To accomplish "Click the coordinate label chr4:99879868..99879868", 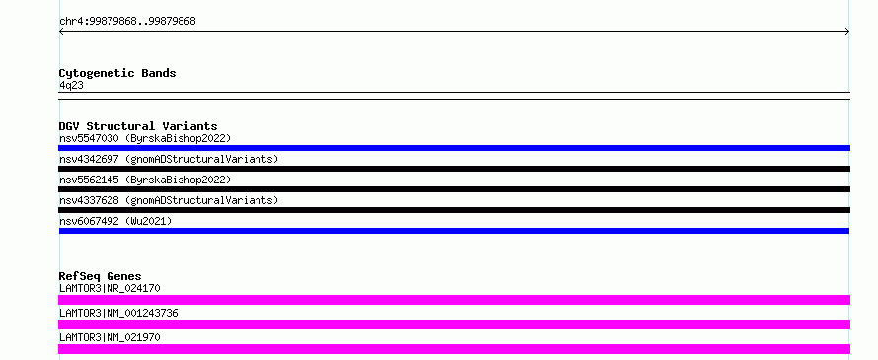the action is pos(127,22).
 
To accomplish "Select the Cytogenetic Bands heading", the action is pos(117,73).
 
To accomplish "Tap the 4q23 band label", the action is pos(72,85).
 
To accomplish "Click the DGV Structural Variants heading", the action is pos(138,126).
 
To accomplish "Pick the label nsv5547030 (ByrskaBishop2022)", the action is pos(145,138).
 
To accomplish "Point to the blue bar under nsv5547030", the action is pos(454,148).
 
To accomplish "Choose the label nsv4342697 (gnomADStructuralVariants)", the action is pos(169,159).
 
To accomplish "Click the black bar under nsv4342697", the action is pos(454,169).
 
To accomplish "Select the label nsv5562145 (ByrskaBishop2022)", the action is pos(145,180).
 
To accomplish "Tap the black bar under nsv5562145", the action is pos(454,189).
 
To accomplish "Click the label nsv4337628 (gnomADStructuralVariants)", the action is pos(169,200).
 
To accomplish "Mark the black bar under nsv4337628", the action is pos(454,210).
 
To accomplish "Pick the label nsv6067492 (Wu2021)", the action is pos(115,221).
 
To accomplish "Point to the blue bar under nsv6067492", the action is pos(454,231).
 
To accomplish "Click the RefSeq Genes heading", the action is pos(101,276).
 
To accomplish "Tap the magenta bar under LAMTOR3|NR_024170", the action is pos(454,300).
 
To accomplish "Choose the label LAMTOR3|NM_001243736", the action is pos(118,313).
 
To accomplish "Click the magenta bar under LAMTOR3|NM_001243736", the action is pos(454,324).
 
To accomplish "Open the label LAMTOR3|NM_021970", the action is pos(110,337).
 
